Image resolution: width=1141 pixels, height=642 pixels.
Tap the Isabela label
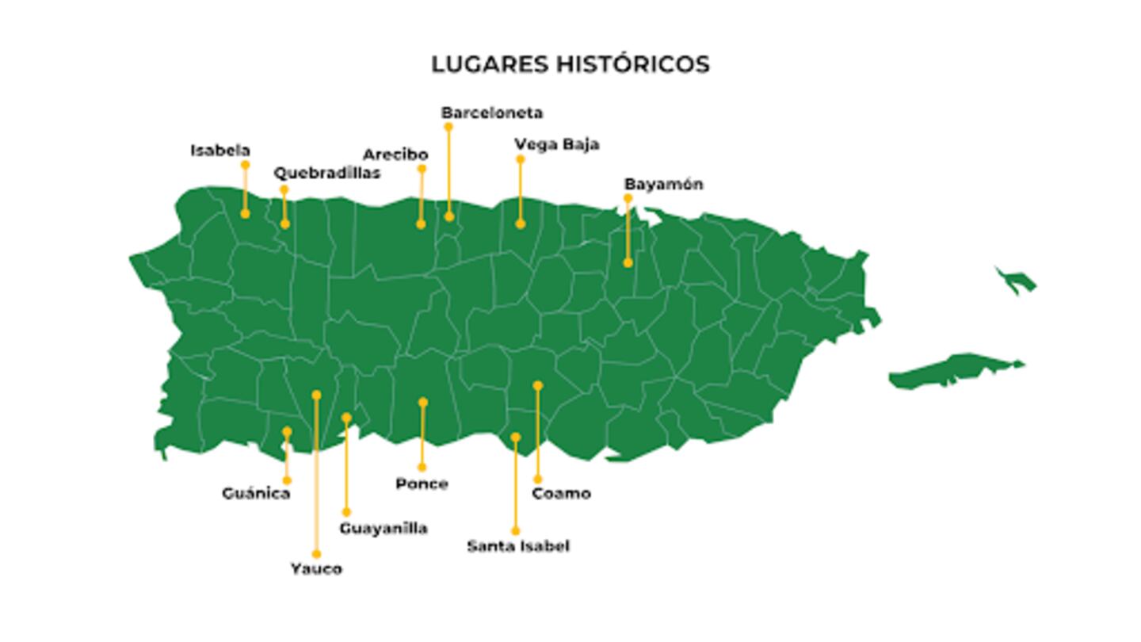pos(220,151)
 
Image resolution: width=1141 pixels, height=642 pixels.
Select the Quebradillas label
pos(326,173)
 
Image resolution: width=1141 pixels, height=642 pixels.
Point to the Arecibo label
pos(395,155)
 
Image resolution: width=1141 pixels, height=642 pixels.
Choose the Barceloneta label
pos(492,113)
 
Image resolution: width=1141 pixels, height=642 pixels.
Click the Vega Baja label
pos(556,144)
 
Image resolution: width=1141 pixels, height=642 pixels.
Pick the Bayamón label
pos(663,184)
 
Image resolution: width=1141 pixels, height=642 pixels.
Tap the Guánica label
pos(256,493)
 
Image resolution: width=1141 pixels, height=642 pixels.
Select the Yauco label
pos(316,568)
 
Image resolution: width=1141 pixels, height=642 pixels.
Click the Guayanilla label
pos(384,528)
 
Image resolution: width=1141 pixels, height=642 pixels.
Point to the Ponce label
pos(422,483)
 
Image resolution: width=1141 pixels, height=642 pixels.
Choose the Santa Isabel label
pos(517,545)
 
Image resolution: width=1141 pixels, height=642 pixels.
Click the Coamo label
pos(561,493)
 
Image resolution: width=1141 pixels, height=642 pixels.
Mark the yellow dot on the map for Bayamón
pos(628,262)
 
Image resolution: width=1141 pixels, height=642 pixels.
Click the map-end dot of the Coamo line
pos(537,386)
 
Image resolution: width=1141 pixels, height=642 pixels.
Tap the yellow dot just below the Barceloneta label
pos(448,127)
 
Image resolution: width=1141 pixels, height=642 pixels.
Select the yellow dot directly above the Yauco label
pos(316,554)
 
